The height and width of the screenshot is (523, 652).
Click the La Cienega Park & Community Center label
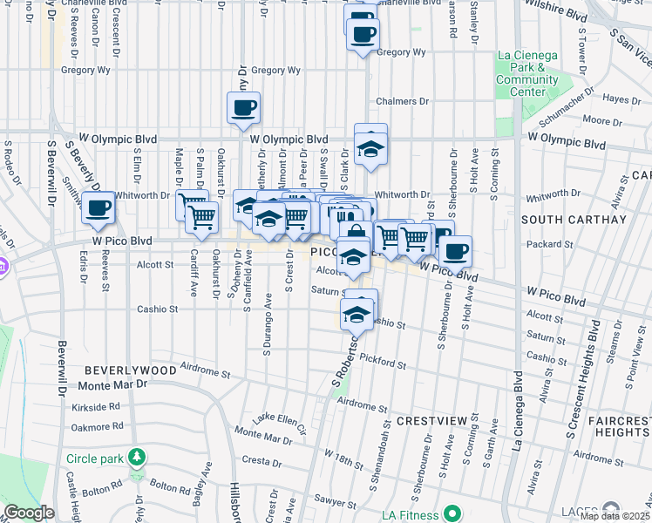tap(526, 73)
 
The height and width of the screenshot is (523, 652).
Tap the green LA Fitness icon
tap(452, 512)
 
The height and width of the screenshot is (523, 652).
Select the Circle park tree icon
tap(136, 457)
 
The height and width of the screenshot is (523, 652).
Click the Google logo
tap(29, 513)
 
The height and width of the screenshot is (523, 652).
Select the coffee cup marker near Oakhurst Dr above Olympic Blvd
tap(243, 109)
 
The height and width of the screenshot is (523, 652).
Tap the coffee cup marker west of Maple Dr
tap(98, 208)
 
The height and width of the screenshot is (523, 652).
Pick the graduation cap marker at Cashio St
tap(357, 314)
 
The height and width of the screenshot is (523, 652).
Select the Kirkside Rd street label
tap(96, 406)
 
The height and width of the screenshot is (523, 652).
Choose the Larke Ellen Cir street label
tap(279, 424)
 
